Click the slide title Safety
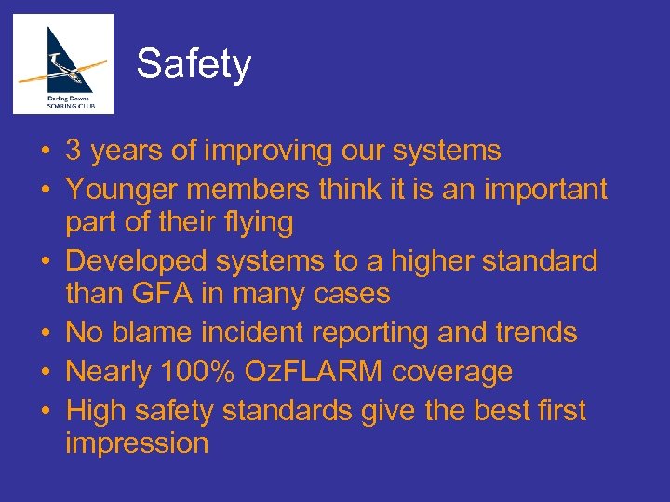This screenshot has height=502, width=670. (x=194, y=64)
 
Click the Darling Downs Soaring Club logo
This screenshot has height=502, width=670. (x=63, y=63)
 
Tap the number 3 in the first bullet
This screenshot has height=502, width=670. (x=74, y=151)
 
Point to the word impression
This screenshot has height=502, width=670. (x=137, y=443)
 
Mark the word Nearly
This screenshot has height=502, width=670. (x=109, y=372)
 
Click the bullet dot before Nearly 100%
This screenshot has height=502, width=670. (x=45, y=373)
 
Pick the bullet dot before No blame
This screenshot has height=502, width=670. (x=45, y=333)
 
